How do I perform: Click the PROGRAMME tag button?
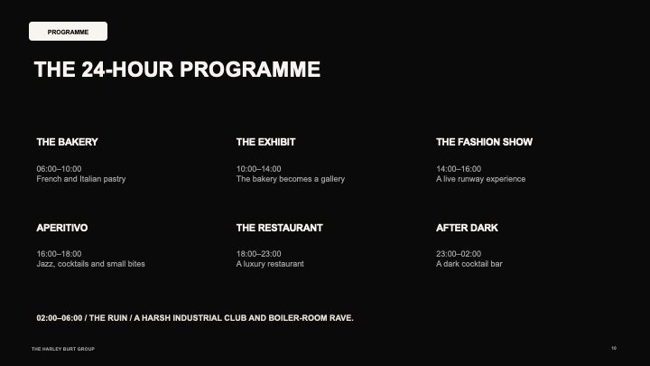[x=68, y=31]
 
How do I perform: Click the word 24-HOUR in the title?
[x=127, y=70]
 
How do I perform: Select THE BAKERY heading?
[x=67, y=142]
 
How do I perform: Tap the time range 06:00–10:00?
[x=59, y=169]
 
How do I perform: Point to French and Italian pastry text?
[x=81, y=179]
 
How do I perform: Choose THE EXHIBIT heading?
[x=265, y=142]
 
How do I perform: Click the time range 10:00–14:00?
[x=259, y=169]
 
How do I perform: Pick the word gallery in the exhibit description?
[x=332, y=179]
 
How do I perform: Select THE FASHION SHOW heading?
[x=484, y=142]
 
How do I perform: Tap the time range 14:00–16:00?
[x=459, y=169]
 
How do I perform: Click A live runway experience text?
[x=480, y=179]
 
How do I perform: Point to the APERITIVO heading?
[x=62, y=228]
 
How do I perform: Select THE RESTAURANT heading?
[x=279, y=228]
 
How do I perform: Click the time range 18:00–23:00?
[x=259, y=254]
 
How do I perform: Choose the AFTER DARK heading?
[x=467, y=228]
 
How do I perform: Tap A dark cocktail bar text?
[x=469, y=264]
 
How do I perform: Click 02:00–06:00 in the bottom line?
[x=60, y=318]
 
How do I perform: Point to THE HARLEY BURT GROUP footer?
[x=63, y=349]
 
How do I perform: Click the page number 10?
[x=614, y=348]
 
